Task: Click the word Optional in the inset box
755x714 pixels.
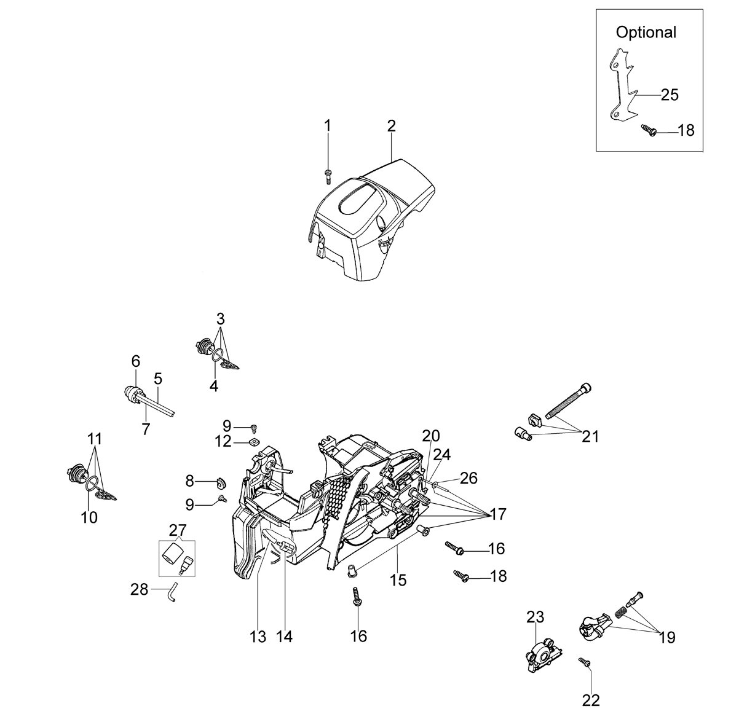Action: pyautogui.click(x=646, y=33)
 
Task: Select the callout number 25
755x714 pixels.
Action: pyautogui.click(x=670, y=95)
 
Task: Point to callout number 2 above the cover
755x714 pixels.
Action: pyautogui.click(x=391, y=126)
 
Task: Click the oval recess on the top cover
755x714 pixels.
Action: pyautogui.click(x=360, y=202)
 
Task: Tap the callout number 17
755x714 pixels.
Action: pyautogui.click(x=498, y=514)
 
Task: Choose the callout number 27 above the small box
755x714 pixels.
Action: pyautogui.click(x=178, y=530)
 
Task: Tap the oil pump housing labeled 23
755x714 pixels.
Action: pyautogui.click(x=543, y=655)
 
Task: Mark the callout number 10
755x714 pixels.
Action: pyautogui.click(x=89, y=517)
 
